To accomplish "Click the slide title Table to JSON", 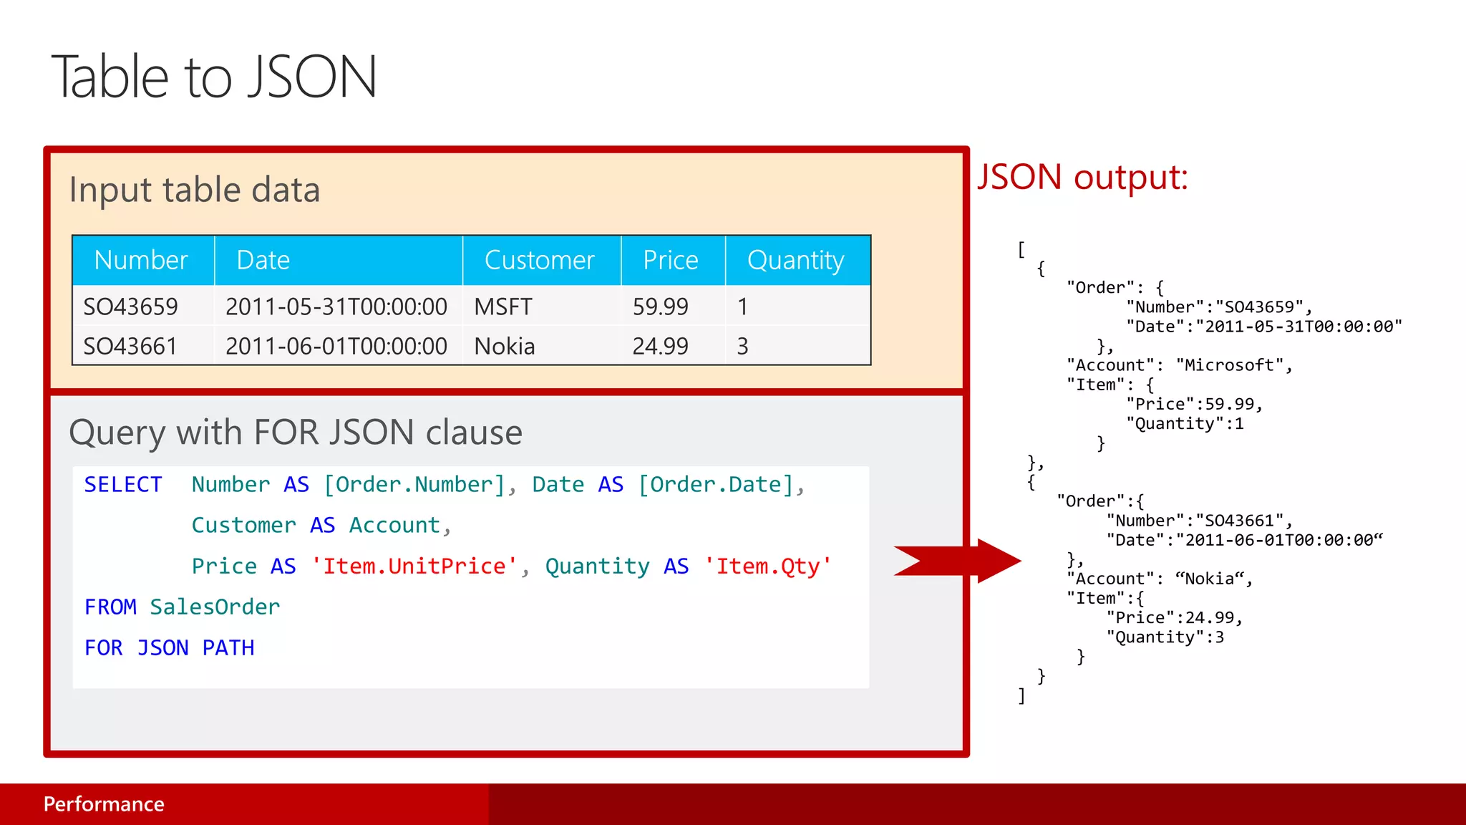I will click(214, 77).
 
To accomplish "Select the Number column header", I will click(141, 260).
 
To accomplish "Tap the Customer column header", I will click(539, 260).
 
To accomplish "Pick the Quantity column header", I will click(795, 260).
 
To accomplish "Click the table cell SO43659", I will click(130, 307).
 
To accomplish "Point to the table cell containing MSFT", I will click(503, 307).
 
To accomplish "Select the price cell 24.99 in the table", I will click(659, 347).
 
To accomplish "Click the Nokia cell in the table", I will click(504, 347).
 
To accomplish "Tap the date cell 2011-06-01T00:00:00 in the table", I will click(336, 347).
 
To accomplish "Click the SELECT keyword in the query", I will click(123, 485).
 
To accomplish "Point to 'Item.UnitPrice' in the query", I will click(414, 566).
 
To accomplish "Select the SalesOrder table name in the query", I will click(215, 607).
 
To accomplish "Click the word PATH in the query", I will click(228, 648).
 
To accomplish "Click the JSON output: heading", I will click(1082, 177).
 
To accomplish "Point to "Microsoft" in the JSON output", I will click(1229, 365).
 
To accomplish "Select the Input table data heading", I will click(195, 190).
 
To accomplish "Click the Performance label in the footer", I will click(104, 804).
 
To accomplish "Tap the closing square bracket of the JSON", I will click(1021, 696).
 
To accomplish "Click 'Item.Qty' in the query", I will click(767, 566).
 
